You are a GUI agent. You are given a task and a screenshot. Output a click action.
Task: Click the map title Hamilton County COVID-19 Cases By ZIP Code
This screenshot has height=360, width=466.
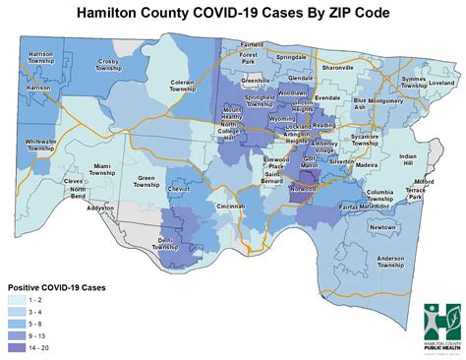point(232,13)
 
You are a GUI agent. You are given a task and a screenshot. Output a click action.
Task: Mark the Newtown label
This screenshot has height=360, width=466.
point(381,227)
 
